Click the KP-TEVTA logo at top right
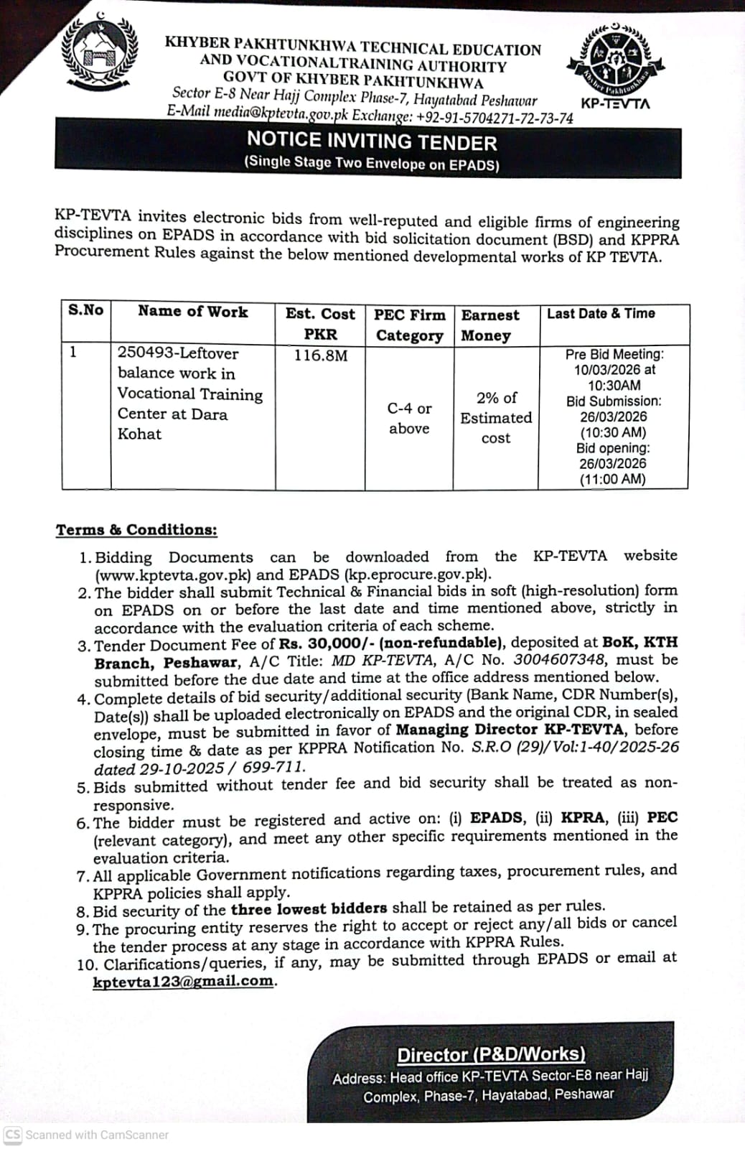click(615, 63)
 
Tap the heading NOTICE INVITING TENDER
click(371, 141)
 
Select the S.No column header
click(86, 310)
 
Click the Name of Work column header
click(192, 312)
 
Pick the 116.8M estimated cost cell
click(320, 355)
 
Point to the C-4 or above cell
click(409, 418)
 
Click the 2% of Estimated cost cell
click(496, 417)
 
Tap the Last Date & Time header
click(601, 313)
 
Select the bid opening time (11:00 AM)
click(613, 480)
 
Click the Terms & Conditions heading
click(136, 530)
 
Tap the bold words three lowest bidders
click(309, 908)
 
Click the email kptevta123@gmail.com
click(184, 981)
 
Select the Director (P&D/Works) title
click(491, 1054)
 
